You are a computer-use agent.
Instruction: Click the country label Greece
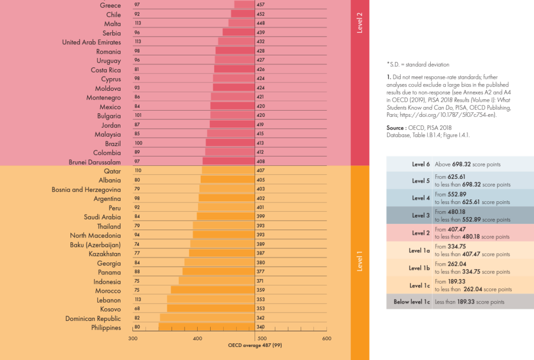click(x=110, y=5)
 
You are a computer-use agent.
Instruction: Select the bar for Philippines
click(x=207, y=328)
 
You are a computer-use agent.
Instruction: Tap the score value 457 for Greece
click(x=261, y=5)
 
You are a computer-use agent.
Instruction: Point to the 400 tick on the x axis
click(x=198, y=339)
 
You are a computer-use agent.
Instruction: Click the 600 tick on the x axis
click(x=326, y=339)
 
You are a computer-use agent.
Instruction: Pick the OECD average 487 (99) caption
click(x=255, y=345)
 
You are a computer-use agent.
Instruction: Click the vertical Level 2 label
click(x=360, y=23)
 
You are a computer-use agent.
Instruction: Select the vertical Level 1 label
click(x=360, y=261)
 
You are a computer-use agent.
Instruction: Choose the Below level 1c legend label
click(x=411, y=302)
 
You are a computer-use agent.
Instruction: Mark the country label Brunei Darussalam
click(x=95, y=162)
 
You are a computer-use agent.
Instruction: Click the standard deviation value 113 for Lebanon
click(x=138, y=300)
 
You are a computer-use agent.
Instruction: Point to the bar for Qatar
click(x=228, y=171)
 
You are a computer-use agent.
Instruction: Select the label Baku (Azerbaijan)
click(x=95, y=245)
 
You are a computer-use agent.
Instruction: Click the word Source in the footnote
click(x=396, y=128)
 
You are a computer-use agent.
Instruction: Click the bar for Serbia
click(x=238, y=32)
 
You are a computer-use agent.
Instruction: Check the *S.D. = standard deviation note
click(x=418, y=65)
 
